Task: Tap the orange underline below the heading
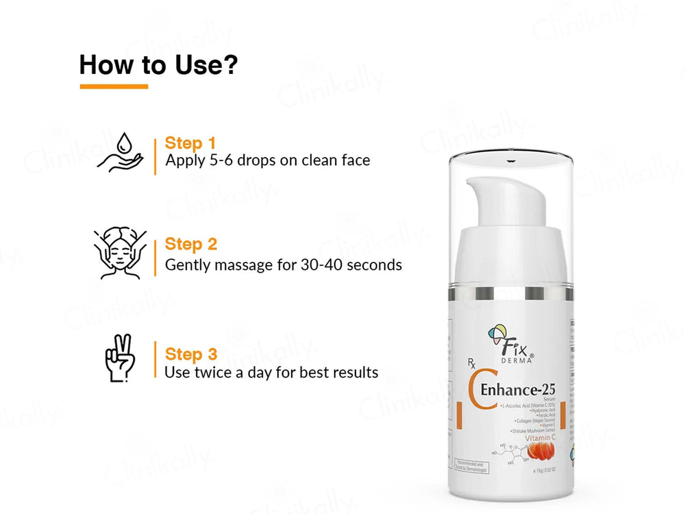click(114, 86)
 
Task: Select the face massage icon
click(119, 254)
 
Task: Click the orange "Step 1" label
click(190, 144)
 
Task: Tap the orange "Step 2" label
click(191, 245)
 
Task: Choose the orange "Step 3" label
click(191, 354)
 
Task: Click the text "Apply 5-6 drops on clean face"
click(268, 161)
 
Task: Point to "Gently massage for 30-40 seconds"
click(284, 265)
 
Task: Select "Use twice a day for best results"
click(271, 373)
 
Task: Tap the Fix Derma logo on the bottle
click(510, 339)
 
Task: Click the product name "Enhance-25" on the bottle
click(519, 390)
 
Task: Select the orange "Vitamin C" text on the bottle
click(539, 437)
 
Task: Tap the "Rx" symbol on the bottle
click(473, 364)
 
